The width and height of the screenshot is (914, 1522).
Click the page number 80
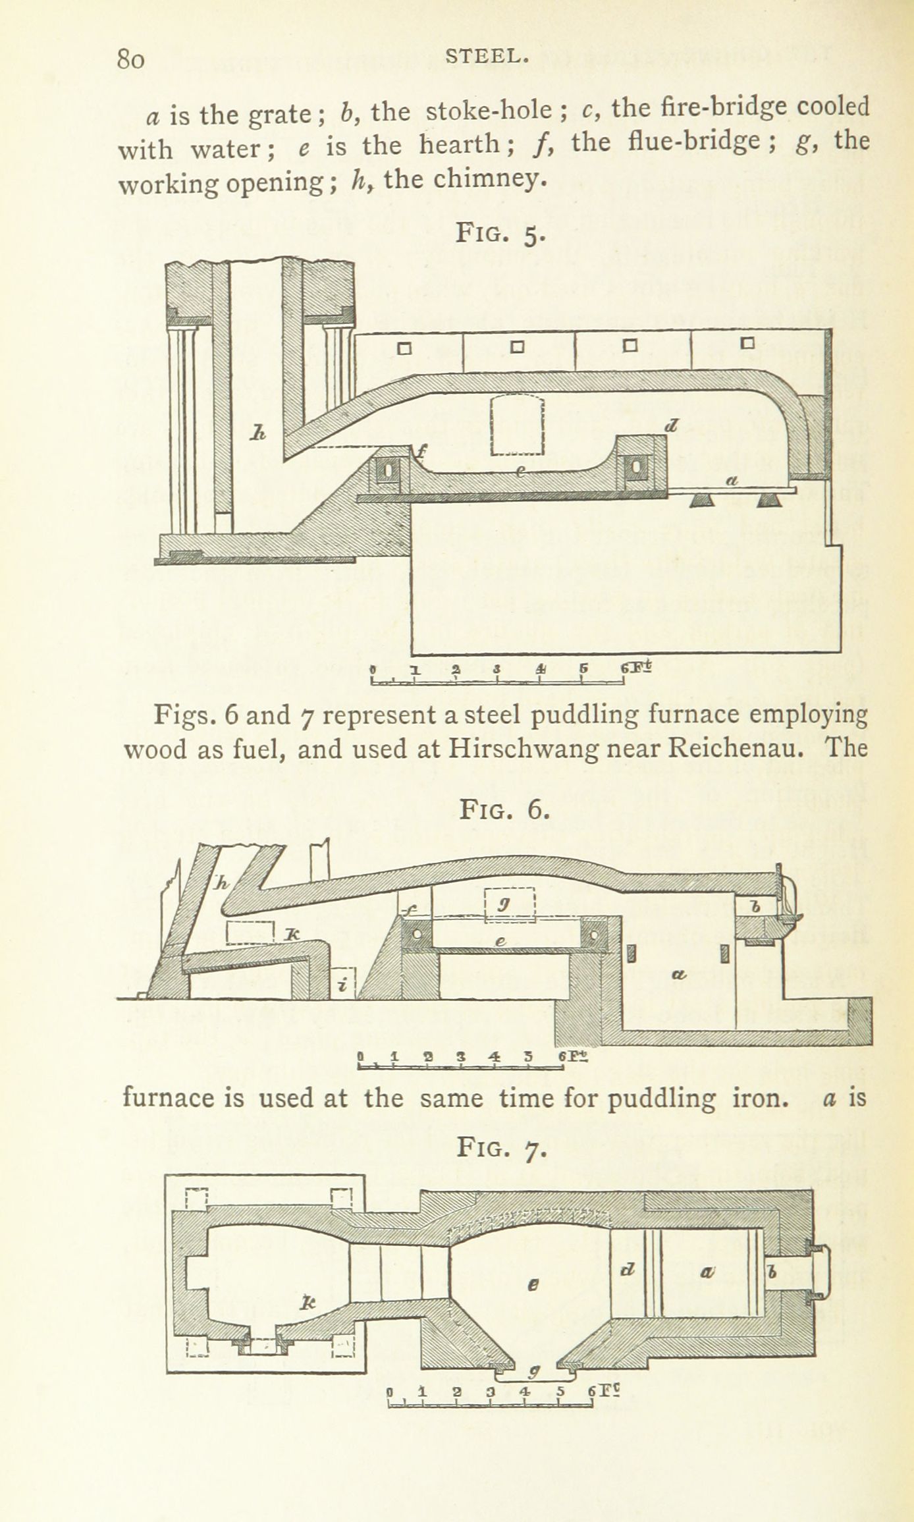(130, 59)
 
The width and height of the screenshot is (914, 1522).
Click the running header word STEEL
(487, 57)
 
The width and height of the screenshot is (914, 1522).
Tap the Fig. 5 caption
(501, 233)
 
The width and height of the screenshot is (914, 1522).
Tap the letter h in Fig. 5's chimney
(258, 433)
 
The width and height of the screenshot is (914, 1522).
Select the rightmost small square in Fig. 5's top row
(747, 343)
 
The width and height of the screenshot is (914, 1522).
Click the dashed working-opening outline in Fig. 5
(520, 425)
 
